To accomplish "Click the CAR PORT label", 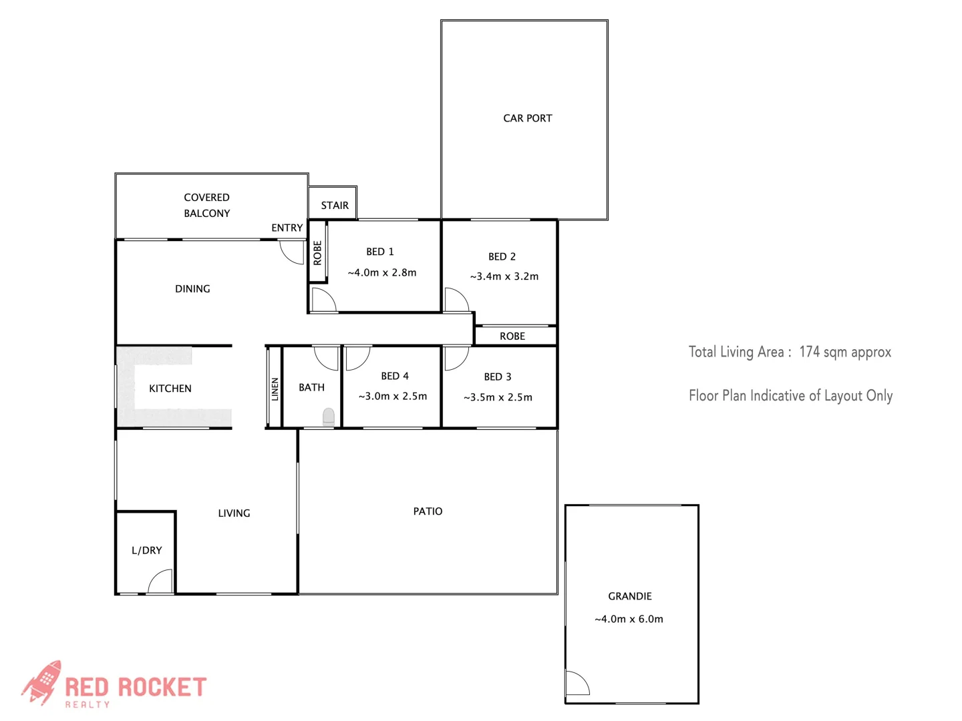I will pyautogui.click(x=527, y=118).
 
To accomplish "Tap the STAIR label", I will pyautogui.click(x=335, y=206).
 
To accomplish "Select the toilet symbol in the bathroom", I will pyautogui.click(x=329, y=417).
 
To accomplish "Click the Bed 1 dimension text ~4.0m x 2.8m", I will pyautogui.click(x=382, y=272).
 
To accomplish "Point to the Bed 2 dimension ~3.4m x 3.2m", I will pyautogui.click(x=504, y=276).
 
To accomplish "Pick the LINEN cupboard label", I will pyautogui.click(x=275, y=389).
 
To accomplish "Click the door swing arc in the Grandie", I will pyautogui.click(x=577, y=684).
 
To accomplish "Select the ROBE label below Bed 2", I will pyautogui.click(x=512, y=336).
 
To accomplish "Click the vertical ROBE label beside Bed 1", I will pyautogui.click(x=317, y=253).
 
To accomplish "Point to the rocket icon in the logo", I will pyautogui.click(x=42, y=682).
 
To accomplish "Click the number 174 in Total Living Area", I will pyautogui.click(x=809, y=352).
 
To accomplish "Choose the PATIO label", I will pyautogui.click(x=428, y=511).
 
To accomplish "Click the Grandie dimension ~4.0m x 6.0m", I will pyautogui.click(x=629, y=619).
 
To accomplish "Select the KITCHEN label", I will pyautogui.click(x=170, y=389).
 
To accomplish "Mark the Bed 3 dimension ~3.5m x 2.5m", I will pyautogui.click(x=498, y=397).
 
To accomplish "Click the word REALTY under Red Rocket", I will pyautogui.click(x=88, y=704).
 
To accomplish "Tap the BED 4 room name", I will pyautogui.click(x=395, y=377).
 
